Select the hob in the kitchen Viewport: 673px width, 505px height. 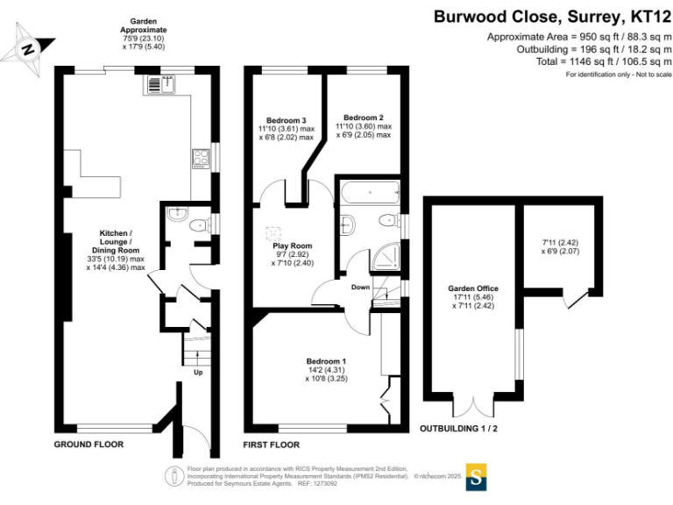pos(201,158)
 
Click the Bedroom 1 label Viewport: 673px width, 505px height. pos(326,361)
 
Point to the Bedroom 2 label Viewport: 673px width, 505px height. pos(363,117)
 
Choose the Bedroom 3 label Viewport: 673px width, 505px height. pos(286,120)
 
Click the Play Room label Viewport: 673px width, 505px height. pos(292,245)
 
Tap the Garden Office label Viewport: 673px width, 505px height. pos(470,288)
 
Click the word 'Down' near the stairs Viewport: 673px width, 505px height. pos(360,287)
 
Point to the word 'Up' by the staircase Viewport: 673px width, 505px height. pos(198,371)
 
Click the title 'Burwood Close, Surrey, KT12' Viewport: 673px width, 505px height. pos(553,17)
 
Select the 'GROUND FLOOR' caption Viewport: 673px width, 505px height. pos(89,445)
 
